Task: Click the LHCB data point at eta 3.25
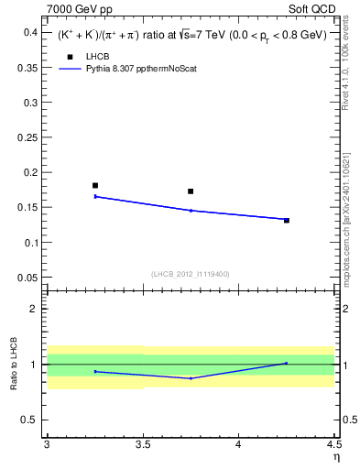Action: point(95,185)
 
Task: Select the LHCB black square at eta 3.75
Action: point(191,191)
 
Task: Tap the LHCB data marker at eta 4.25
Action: point(287,220)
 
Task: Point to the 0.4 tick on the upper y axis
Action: point(31,32)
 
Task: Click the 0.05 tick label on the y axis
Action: point(27,278)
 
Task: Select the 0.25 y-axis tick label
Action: point(27,137)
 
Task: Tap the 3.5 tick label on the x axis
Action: point(142,446)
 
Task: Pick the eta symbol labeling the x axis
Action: point(335,458)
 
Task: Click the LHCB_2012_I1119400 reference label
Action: point(191,273)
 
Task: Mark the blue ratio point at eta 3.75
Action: point(191,378)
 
